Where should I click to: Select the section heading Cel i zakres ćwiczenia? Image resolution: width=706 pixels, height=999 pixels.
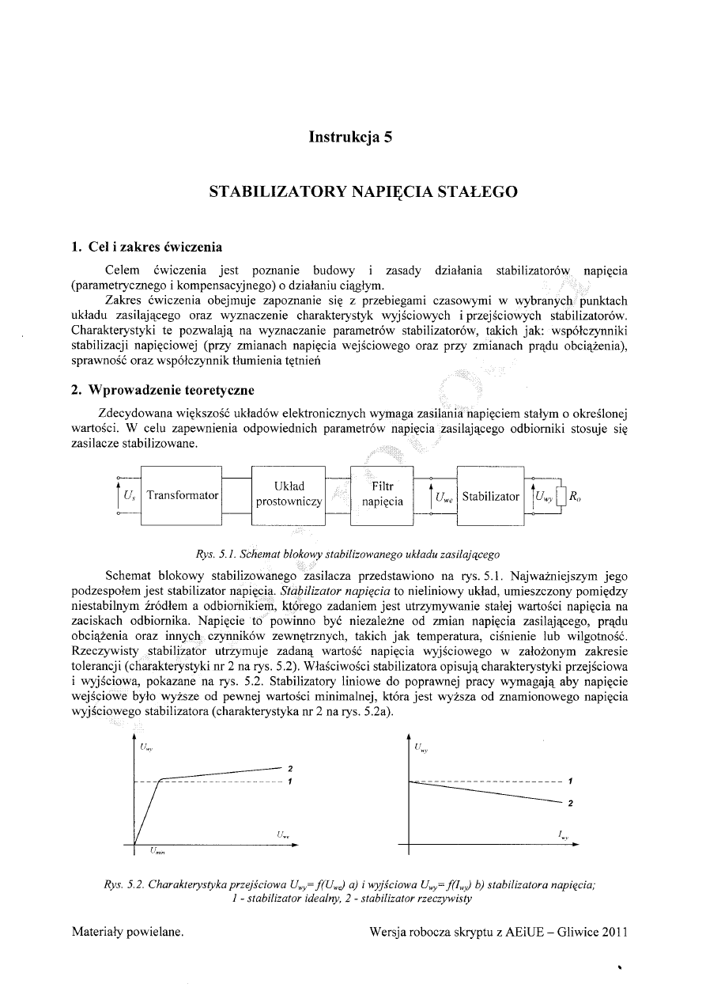146,247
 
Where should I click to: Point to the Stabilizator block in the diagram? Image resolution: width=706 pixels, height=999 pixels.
490,497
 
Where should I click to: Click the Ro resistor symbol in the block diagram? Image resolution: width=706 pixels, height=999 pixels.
561,497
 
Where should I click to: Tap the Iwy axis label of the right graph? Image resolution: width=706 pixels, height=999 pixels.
564,835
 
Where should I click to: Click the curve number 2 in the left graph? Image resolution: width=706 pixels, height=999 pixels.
291,768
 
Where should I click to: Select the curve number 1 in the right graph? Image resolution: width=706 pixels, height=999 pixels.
570,781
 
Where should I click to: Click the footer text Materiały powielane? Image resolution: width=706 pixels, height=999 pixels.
128,931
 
